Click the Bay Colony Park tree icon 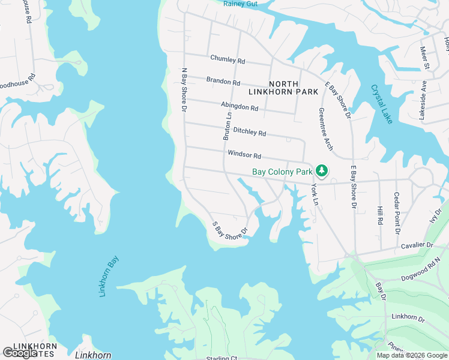322,171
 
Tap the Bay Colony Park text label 282,172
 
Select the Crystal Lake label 381,104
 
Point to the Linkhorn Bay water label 108,277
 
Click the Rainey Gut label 240,4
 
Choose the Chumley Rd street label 228,60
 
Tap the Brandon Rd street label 223,80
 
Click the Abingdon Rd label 239,106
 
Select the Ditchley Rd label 249,130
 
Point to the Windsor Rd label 244,155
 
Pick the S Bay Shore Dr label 231,230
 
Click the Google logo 20,353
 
